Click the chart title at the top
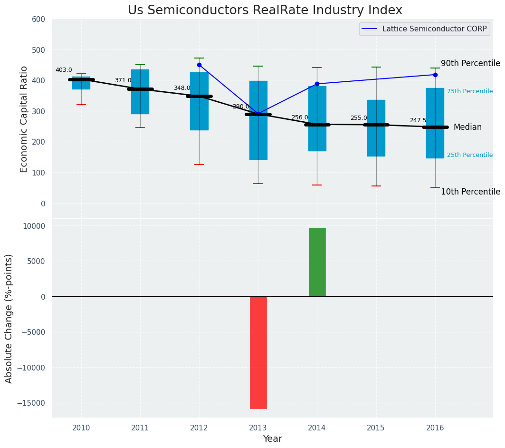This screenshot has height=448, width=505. coord(265,10)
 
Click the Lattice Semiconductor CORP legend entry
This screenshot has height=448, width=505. coord(434,29)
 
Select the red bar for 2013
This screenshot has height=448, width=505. coord(258,352)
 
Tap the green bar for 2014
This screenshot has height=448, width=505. coord(317,262)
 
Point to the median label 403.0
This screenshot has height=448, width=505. coord(64,70)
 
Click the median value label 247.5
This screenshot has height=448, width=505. coord(418,120)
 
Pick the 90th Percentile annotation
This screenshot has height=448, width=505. coord(470,63)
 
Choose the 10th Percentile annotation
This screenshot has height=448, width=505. coord(470,192)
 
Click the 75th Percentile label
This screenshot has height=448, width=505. coord(470,91)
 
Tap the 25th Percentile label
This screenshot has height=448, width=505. coord(470,155)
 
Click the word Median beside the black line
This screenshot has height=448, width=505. coord(467,127)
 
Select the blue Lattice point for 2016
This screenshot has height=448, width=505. coord(435,75)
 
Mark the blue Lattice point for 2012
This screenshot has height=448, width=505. coord(199,65)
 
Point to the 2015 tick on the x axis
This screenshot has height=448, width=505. coord(376,428)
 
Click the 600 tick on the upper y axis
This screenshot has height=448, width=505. coord(38,19)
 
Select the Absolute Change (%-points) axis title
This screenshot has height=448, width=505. coord(9,318)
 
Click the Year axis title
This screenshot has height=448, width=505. coord(273,439)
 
